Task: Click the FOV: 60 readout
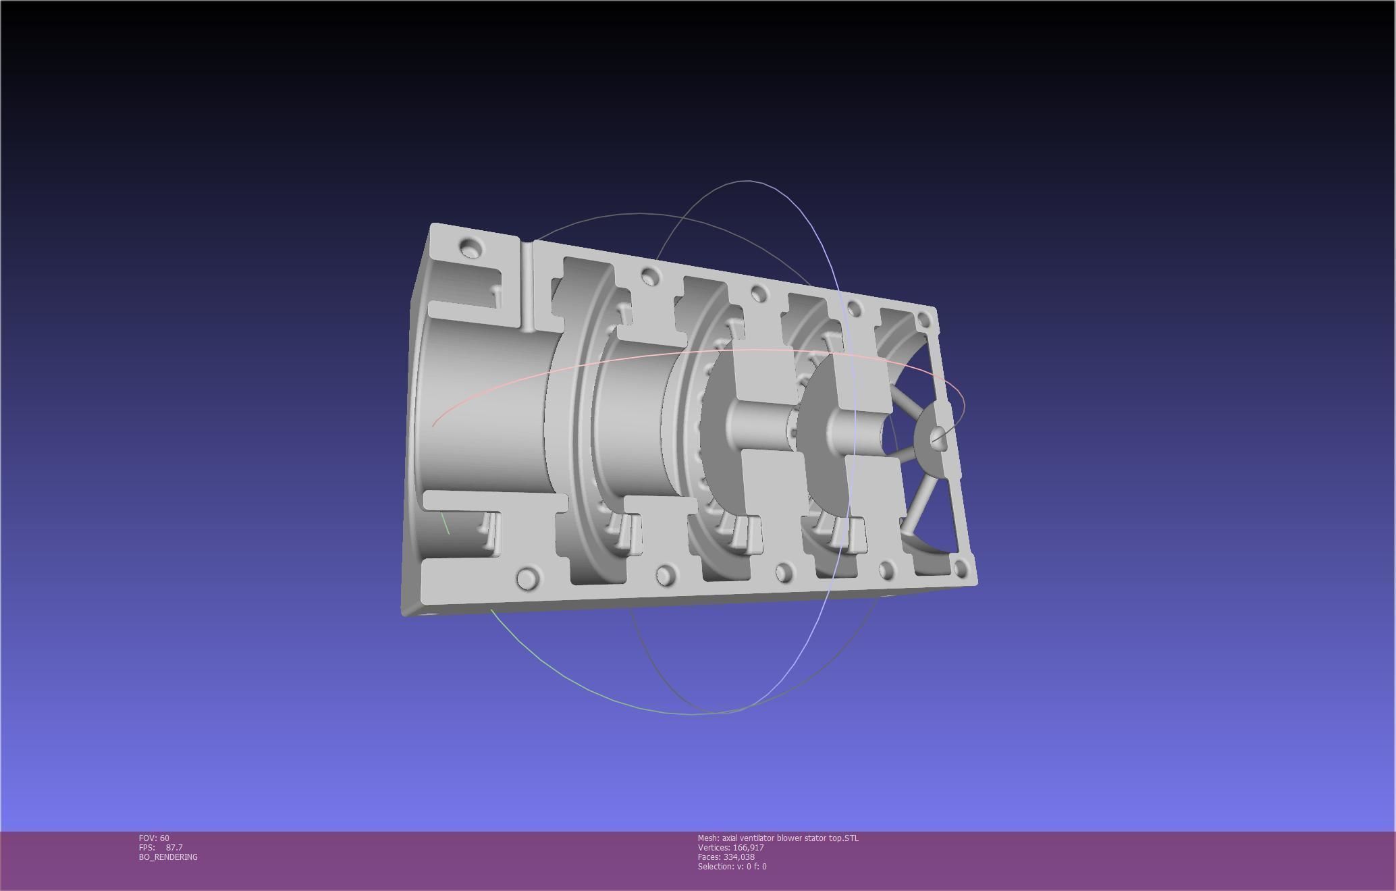tap(154, 838)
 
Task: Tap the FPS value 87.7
tap(173, 847)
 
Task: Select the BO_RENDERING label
tap(168, 857)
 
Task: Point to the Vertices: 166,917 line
tap(730, 847)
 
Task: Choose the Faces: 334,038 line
tap(726, 857)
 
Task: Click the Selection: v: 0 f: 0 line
tap(732, 866)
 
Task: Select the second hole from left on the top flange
tap(649, 275)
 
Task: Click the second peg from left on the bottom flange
tap(666, 575)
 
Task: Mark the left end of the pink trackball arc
tap(433, 425)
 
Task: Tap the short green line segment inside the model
tap(445, 523)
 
